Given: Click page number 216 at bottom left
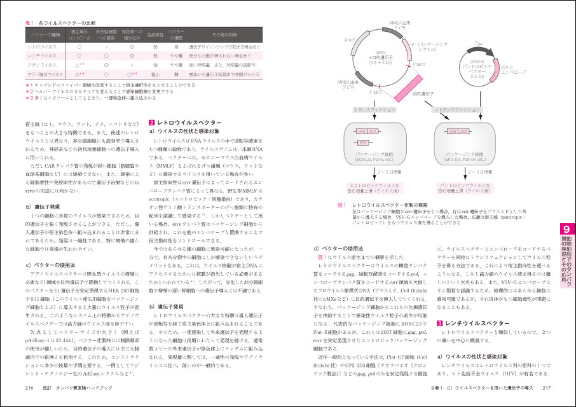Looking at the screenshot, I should [29, 387].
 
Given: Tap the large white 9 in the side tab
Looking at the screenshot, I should [566, 230].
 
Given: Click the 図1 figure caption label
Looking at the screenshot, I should [340, 205].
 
